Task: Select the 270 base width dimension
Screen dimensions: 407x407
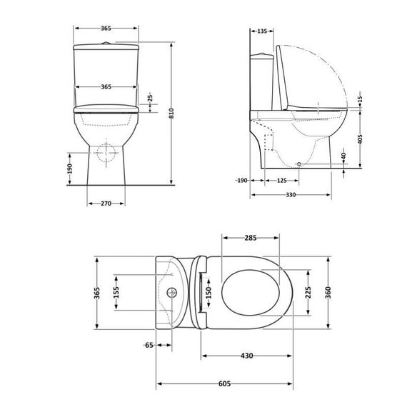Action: (x=106, y=203)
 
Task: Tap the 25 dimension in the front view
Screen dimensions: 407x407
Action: (x=149, y=100)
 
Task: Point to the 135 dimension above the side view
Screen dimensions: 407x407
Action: (x=262, y=31)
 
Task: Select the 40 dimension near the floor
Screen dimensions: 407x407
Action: (x=343, y=157)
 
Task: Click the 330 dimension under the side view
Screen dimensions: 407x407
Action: (x=291, y=194)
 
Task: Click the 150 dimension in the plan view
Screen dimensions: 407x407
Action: (x=208, y=293)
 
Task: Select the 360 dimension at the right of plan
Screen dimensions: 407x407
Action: (x=328, y=293)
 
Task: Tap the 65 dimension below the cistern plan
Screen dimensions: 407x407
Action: (x=149, y=345)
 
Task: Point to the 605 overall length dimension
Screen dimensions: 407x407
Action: (x=224, y=383)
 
